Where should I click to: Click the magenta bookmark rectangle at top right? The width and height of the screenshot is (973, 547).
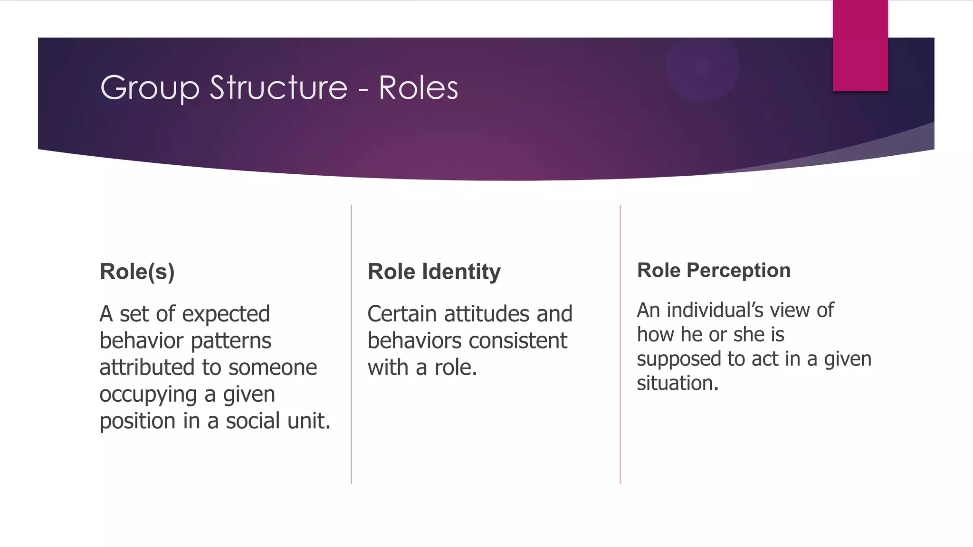(x=860, y=46)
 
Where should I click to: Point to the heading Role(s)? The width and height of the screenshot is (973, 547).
(x=137, y=272)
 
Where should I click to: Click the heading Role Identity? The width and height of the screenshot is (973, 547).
(x=434, y=272)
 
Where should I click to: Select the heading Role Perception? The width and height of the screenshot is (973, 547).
(x=714, y=270)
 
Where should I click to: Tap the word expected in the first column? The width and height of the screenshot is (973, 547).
(x=226, y=314)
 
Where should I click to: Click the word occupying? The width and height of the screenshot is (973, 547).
(x=148, y=395)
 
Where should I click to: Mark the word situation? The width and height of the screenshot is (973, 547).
(x=677, y=383)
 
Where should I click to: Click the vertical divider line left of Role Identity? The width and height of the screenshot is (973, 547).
(x=352, y=344)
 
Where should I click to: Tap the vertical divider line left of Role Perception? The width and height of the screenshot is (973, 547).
(x=620, y=344)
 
